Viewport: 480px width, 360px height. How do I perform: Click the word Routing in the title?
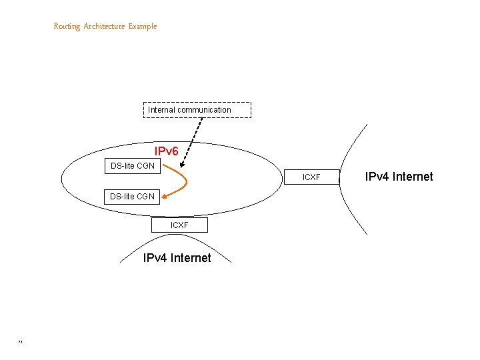[x=67, y=26]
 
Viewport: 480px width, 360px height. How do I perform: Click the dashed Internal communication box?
[x=197, y=110]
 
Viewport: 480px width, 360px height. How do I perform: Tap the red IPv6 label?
[x=167, y=151]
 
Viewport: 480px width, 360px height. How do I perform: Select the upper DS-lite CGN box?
[x=132, y=165]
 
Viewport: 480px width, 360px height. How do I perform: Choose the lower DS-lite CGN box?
[x=132, y=196]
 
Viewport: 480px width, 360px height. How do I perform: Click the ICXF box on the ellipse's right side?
[x=311, y=177]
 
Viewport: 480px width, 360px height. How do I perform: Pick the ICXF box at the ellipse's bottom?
[x=179, y=225]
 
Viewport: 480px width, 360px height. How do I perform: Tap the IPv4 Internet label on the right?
[x=399, y=177]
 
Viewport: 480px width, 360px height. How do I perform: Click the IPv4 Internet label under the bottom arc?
[x=177, y=258]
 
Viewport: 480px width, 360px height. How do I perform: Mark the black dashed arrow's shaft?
[x=193, y=137]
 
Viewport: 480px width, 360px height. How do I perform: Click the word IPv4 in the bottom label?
[x=155, y=258]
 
